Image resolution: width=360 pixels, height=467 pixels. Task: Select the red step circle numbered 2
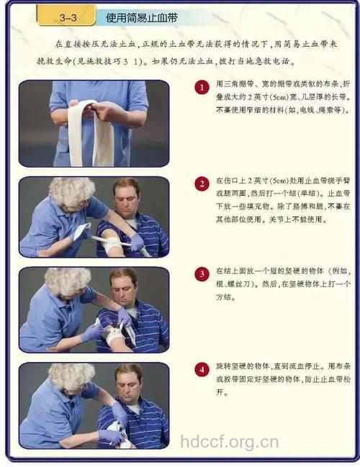[x=202, y=183]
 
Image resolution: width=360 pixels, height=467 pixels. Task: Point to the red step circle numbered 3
[x=202, y=275]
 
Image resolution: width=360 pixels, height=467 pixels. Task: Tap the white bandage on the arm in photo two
[x=112, y=243]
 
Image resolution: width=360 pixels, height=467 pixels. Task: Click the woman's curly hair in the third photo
[x=67, y=281]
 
